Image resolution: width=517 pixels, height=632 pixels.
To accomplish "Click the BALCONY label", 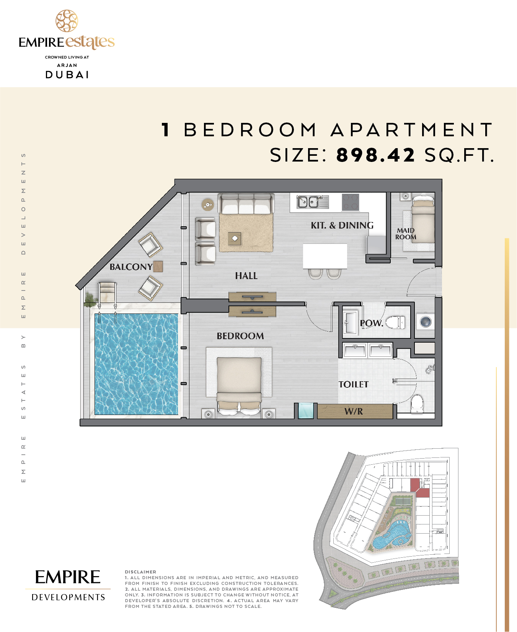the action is pos(131,267).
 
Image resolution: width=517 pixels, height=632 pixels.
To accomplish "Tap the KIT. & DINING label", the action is pos(342,225).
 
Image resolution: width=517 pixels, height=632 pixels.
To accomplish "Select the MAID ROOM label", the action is pos(406,234).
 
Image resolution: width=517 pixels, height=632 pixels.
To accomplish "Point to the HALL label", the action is pos(246,276).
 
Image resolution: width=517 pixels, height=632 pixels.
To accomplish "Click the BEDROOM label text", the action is pos(240,336).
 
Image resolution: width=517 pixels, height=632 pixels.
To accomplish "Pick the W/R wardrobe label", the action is pos(354,412).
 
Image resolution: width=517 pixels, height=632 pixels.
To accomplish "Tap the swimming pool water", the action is pos(136,364).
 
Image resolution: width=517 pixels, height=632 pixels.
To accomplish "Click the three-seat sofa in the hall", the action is pos(246,204).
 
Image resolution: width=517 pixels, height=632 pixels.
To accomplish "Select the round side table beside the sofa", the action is pos(208,205).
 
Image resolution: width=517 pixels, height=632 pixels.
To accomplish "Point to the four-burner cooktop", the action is pos(351,203).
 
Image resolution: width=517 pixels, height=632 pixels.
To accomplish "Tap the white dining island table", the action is pos(325,256).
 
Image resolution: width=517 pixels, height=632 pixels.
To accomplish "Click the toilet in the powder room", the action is pos(395,322).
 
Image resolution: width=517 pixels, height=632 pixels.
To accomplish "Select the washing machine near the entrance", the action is pos(426,322).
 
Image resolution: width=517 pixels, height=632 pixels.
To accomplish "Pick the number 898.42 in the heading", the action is pos(375,155).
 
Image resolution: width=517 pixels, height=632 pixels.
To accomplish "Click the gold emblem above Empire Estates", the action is pos(67,21).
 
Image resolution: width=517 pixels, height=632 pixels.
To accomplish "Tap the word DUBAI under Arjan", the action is pos(67,75).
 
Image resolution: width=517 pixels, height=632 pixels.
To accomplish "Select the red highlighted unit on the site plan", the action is pos(419,488).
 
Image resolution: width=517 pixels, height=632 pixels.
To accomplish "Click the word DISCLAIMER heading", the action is pos(140,572).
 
